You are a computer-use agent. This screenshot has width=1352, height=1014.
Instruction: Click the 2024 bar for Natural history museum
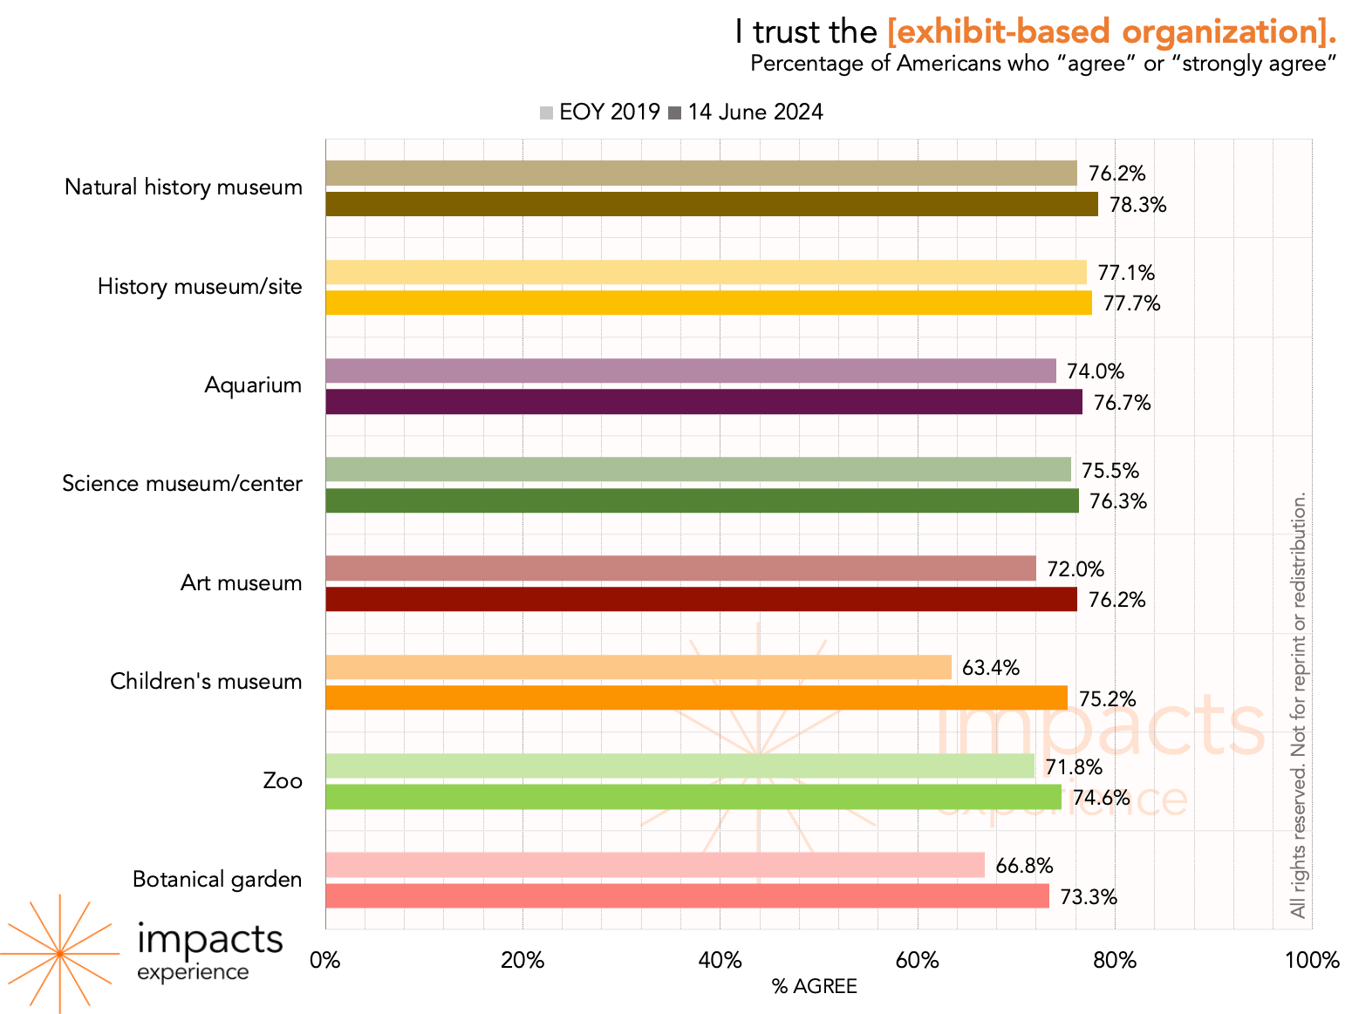click(x=711, y=204)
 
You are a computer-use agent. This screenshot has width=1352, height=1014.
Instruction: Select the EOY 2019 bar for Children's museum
click(x=638, y=667)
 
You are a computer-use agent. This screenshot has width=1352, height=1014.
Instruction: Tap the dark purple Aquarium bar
click(x=703, y=402)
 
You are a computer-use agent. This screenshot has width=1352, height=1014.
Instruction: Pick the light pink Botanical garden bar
click(x=654, y=865)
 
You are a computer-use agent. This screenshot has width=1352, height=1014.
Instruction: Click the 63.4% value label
click(x=991, y=668)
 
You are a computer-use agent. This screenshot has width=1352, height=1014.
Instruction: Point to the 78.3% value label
click(x=1137, y=205)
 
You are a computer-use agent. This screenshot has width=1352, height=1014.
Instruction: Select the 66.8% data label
click(x=1024, y=866)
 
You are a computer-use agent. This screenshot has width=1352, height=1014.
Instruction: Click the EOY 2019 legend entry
click(x=599, y=112)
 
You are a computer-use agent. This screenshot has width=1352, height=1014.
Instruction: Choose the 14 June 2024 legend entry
click(x=746, y=112)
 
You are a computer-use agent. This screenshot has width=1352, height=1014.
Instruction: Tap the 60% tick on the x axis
click(x=918, y=961)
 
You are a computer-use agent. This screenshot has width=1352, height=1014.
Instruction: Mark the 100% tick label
click(x=1312, y=961)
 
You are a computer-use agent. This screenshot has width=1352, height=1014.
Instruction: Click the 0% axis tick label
click(x=325, y=961)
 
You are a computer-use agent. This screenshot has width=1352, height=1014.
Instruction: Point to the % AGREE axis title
click(x=814, y=986)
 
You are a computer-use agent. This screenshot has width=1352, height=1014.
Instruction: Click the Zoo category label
click(x=283, y=780)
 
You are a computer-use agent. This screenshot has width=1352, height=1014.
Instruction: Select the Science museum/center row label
click(x=182, y=484)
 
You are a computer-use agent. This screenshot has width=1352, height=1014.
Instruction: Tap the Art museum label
click(x=241, y=582)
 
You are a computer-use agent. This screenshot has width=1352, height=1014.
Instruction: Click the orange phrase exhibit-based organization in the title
click(x=1111, y=32)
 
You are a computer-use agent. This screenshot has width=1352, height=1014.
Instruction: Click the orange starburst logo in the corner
click(x=59, y=954)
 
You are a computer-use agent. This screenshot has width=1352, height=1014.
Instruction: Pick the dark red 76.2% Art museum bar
click(x=700, y=599)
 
